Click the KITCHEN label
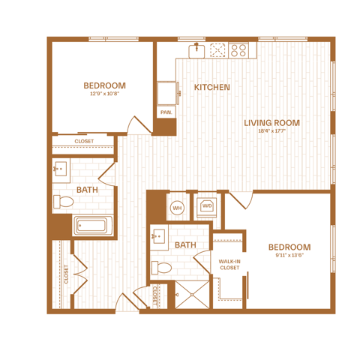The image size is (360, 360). coord(212,87)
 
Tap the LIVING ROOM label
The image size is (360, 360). coord(271,123)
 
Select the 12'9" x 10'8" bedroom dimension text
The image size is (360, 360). coord(105,94)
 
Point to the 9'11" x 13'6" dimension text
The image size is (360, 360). coord(289,255)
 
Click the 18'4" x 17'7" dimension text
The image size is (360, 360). coord(271,130)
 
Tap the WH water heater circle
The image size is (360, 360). coord(177,208)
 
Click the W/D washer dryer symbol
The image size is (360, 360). coord(207,205)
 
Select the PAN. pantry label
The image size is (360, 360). coord(166,112)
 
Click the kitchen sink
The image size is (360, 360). coord(196,50)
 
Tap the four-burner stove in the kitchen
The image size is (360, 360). coord(238,50)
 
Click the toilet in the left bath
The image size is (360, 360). coord(64,202)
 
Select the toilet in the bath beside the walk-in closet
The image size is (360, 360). coord(161,268)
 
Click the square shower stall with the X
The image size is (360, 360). coord(192,295)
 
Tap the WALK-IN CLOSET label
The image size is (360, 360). coord(229,265)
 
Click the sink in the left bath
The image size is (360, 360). coord(60,169)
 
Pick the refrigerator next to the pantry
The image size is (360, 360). coord(168,93)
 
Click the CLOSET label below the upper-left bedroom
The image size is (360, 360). coord(84,141)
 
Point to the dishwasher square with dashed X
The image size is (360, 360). coord(217,50)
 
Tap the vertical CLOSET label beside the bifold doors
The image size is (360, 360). coord(66,274)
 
